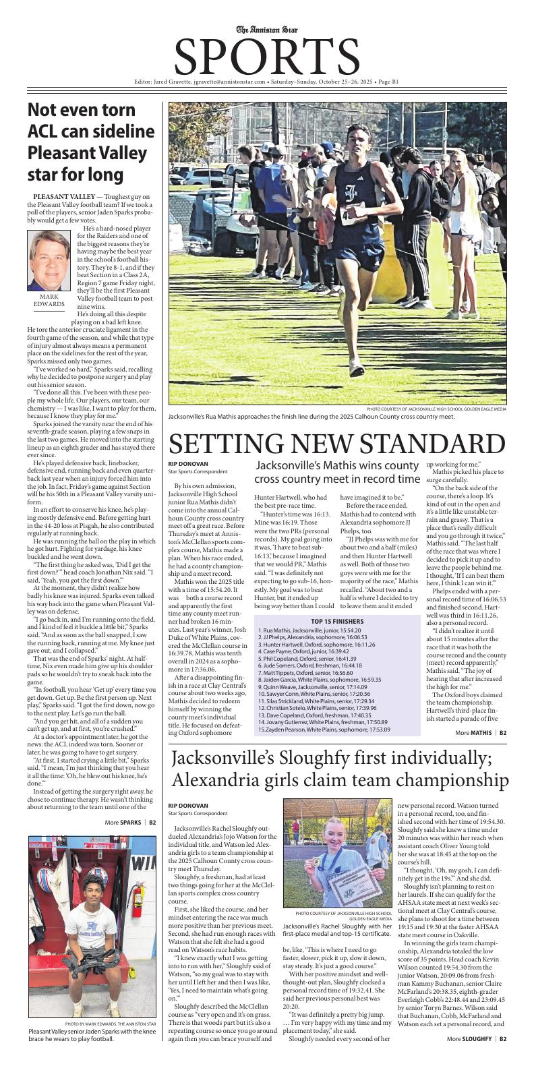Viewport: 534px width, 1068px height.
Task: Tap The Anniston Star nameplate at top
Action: point(267,29)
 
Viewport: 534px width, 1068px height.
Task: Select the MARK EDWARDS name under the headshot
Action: point(49,300)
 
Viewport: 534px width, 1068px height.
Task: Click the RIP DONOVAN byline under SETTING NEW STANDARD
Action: point(188,464)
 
